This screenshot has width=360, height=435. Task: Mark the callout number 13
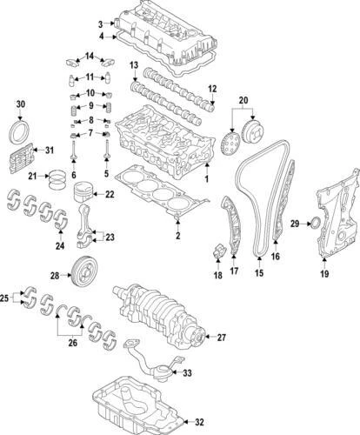click(x=134, y=67)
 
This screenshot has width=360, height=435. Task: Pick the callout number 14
click(x=89, y=57)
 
